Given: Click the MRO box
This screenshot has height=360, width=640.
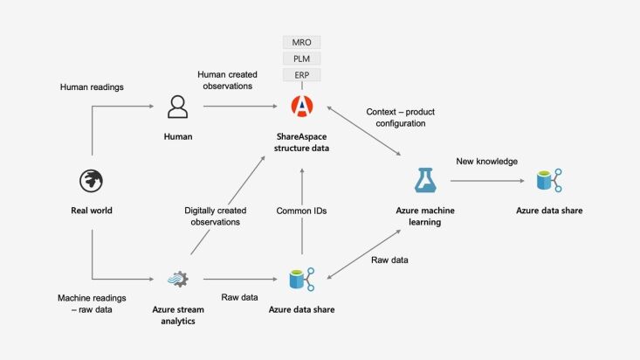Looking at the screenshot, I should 302,42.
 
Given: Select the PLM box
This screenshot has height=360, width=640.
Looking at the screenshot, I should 302,59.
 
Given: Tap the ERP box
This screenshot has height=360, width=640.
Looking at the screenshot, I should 302,75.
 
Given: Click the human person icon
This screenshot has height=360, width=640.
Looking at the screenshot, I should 177,107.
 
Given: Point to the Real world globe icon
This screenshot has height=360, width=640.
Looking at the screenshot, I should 92,181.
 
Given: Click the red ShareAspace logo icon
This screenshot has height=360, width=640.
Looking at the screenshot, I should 302,107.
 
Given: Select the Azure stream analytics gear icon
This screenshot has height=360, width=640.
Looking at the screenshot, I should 177,278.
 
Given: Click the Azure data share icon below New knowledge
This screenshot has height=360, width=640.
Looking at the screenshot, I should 548,181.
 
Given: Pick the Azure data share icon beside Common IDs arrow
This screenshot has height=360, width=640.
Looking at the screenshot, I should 302,278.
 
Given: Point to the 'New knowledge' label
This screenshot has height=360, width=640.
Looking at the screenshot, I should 485,161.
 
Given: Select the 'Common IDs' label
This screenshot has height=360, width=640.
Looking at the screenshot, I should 302,211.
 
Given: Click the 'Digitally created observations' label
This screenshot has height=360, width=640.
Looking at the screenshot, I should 215,217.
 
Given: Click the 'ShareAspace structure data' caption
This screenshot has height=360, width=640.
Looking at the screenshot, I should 302,143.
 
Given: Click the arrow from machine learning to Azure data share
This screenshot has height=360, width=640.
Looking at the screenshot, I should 485,181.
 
